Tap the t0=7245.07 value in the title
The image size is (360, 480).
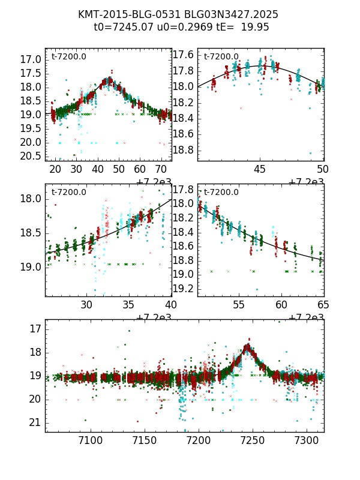click(122, 27)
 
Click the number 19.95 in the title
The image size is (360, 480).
click(255, 27)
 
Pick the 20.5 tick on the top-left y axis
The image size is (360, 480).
click(31, 155)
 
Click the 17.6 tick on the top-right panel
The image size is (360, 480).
click(183, 55)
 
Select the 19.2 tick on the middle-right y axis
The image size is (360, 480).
click(183, 289)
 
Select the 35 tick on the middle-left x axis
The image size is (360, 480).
click(128, 305)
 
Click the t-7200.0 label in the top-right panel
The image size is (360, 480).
click(221, 56)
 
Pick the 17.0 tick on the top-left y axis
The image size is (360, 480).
click(31, 59)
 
